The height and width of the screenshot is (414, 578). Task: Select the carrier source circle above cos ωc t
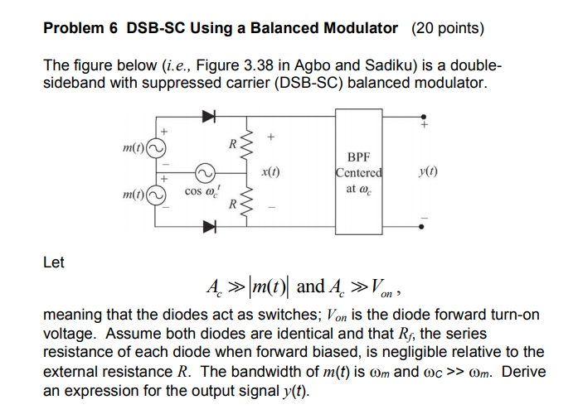(205, 171)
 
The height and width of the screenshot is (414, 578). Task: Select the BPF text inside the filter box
(359, 158)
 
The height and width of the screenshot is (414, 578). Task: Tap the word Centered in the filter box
(359, 173)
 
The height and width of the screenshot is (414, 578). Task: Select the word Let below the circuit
(53, 262)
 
